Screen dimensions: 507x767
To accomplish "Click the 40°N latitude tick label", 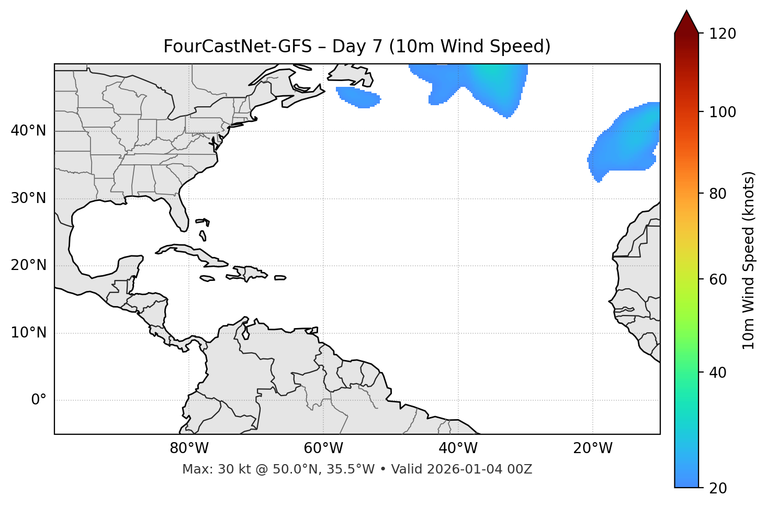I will pyautogui.click(x=28, y=131).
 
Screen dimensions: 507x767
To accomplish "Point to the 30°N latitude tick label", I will pyautogui.click(x=28, y=198).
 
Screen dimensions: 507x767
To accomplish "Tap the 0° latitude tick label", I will pyautogui.click(x=39, y=400).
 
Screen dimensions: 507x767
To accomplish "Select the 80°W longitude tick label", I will pyautogui.click(x=189, y=448).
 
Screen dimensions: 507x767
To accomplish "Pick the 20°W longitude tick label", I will pyautogui.click(x=593, y=448).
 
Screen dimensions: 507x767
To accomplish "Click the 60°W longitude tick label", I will pyautogui.click(x=323, y=448).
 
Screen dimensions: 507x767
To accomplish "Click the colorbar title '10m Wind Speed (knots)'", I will pyautogui.click(x=749, y=260).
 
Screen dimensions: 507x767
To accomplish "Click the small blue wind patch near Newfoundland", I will pyautogui.click(x=359, y=97).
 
